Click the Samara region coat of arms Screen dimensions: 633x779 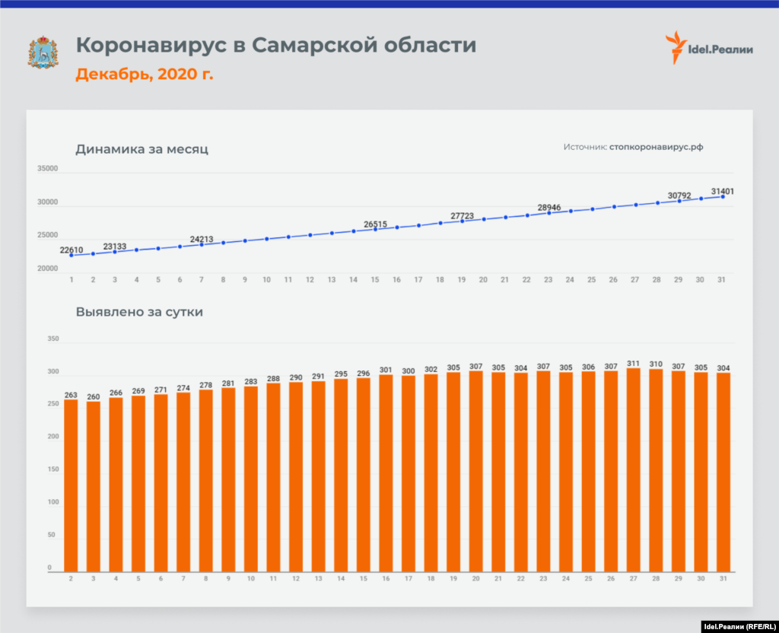coord(43,52)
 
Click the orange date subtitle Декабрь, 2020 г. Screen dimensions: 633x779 coord(144,75)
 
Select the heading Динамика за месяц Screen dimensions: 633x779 coord(141,149)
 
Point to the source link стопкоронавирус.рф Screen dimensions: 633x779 coord(656,147)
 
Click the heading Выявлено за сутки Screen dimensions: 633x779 coord(139,311)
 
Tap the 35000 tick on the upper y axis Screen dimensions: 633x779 coord(48,169)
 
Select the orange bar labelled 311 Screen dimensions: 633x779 coord(633,469)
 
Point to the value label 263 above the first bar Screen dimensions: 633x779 coord(71,395)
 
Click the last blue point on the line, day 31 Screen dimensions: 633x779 coord(723,196)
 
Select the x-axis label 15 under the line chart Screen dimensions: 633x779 coord(375,280)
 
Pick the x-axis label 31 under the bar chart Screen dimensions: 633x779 coord(723,579)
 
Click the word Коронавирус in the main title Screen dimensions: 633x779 coord(151,46)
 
